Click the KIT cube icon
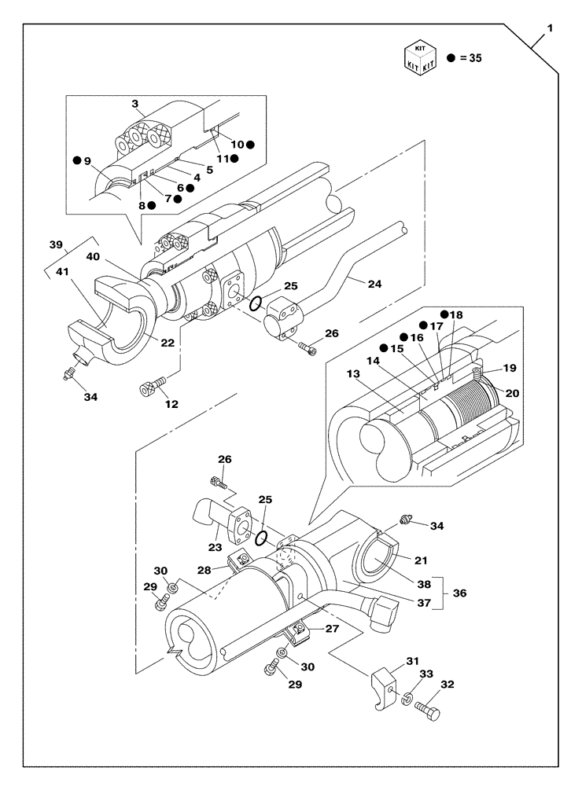coord(419,58)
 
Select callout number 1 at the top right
coord(551,28)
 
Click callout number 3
coord(135,104)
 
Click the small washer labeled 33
coord(407,697)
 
